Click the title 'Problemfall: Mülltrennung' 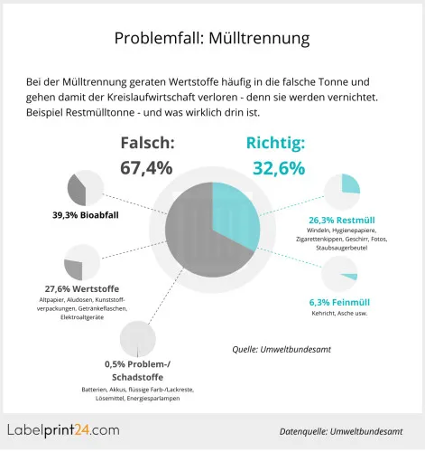coord(212,38)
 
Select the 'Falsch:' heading coord(147,142)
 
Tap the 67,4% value coord(147,167)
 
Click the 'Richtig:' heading coord(275,142)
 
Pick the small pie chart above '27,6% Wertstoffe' coord(83,263)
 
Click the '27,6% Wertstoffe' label coord(82,288)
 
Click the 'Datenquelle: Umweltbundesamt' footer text coord(340,431)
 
